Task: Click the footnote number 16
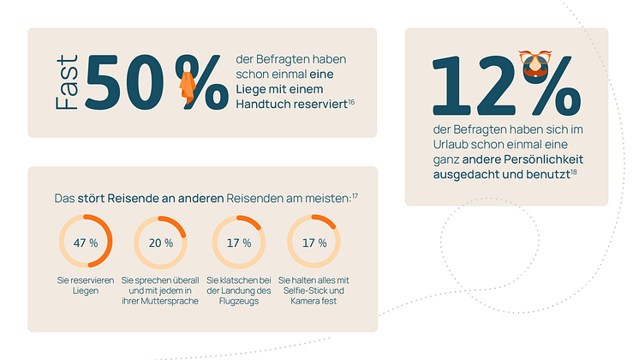tap(352, 100)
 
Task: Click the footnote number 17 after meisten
tap(355, 196)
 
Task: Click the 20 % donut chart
tap(161, 243)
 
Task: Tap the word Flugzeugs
tap(240, 301)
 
